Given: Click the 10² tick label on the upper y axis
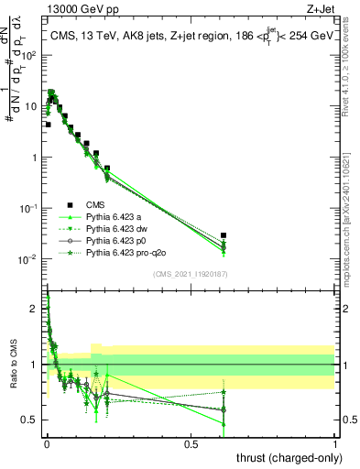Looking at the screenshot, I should coord(32,54).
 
